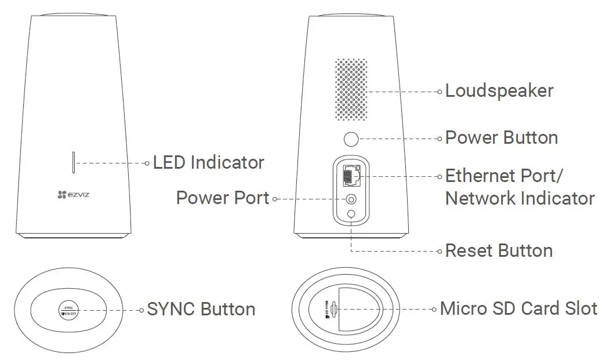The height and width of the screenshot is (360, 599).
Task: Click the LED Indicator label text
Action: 208,163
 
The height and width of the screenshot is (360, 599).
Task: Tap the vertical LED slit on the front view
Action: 73,163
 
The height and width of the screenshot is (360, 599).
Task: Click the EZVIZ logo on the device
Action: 73,195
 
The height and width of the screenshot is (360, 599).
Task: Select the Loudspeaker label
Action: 499,91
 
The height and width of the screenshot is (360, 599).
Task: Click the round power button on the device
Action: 351,139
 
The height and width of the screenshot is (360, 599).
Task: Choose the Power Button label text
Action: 501,138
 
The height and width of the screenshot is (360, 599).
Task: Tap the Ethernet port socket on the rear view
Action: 351,174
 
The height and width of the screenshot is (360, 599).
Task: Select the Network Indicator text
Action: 520,198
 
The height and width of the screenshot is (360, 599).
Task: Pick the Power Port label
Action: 223,198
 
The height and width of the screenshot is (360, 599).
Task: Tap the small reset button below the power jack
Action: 351,215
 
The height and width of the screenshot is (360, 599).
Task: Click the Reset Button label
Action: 499,251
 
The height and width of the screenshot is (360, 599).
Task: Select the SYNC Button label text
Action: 201,310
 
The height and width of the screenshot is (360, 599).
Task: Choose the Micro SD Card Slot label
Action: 518,308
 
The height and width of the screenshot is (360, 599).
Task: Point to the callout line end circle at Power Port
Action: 274,199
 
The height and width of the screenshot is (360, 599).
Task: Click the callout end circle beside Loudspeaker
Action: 441,92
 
